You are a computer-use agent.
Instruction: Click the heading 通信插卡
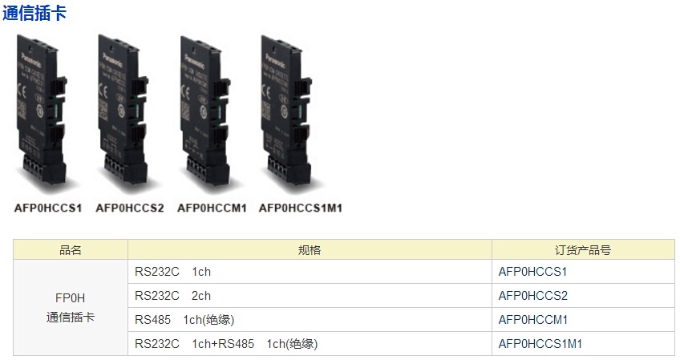point(34,13)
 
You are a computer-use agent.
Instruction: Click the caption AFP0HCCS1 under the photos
point(48,208)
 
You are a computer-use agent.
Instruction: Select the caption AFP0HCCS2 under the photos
point(129,208)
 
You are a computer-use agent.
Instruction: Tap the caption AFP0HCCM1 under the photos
point(212,208)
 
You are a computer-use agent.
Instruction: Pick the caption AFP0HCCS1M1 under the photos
point(300,208)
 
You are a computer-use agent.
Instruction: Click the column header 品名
point(71,250)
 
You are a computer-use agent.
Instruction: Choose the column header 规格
point(310,250)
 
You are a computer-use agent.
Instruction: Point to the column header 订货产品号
point(583,250)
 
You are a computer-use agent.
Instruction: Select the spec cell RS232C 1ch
point(172,272)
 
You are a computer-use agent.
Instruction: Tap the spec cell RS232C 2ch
point(172,296)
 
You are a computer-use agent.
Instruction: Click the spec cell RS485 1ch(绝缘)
point(184,320)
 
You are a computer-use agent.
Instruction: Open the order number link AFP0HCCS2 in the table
point(532,296)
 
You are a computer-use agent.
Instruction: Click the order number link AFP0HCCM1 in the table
point(532,320)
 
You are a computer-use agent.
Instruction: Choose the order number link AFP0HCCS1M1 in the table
point(540,344)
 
